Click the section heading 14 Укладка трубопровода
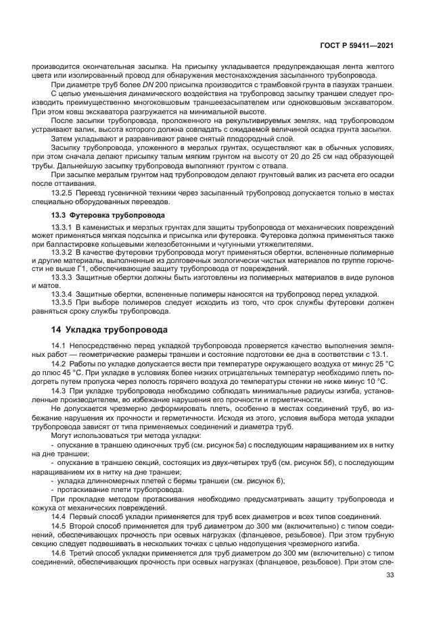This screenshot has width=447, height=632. point(109,330)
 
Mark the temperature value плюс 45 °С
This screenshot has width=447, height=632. point(57,372)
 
